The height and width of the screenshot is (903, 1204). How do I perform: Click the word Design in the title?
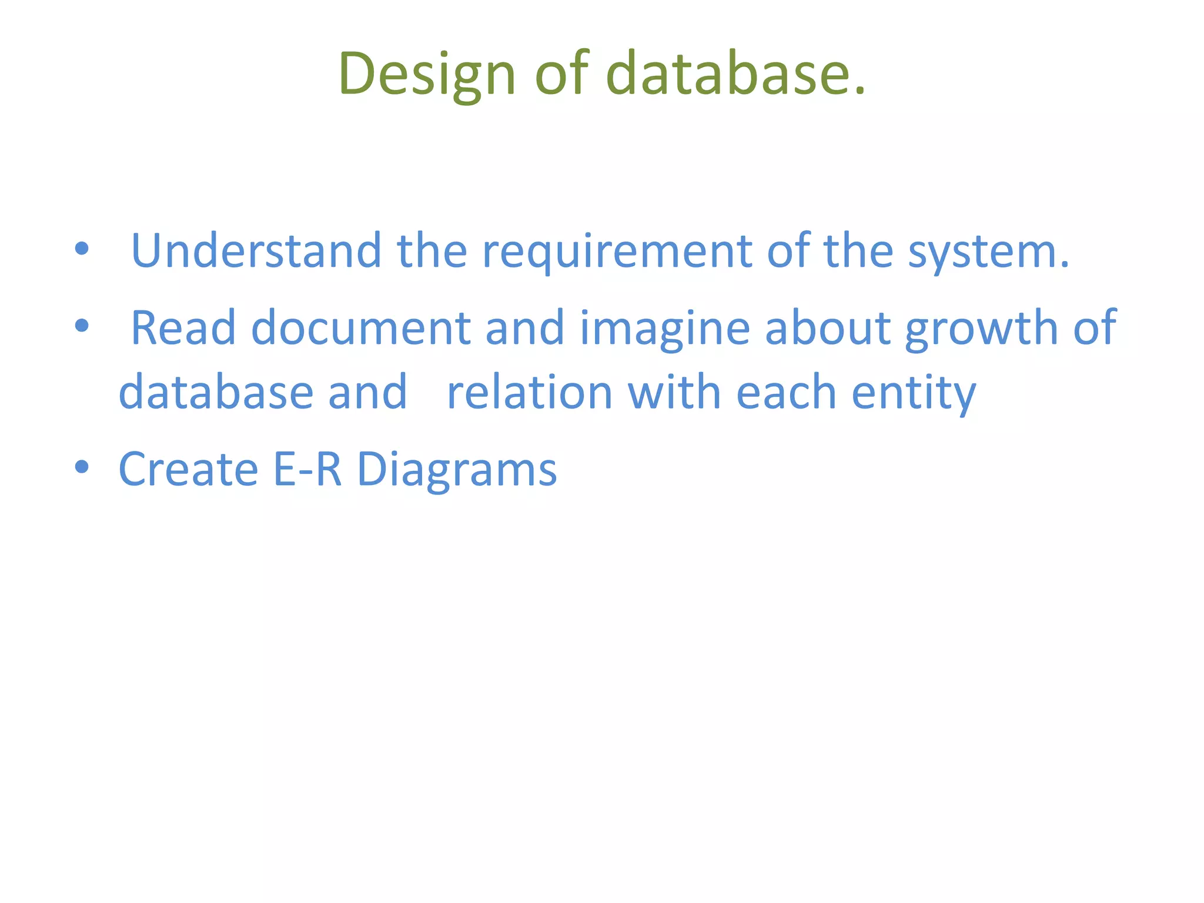[427, 73]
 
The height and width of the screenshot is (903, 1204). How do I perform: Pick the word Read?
[183, 327]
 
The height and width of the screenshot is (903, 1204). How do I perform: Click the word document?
[360, 327]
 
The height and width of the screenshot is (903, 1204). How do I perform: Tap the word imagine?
[664, 327]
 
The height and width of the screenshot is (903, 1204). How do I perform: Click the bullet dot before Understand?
[82, 249]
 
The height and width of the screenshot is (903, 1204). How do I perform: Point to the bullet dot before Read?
[82, 325]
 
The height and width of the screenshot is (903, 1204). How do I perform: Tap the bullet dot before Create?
[82, 467]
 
